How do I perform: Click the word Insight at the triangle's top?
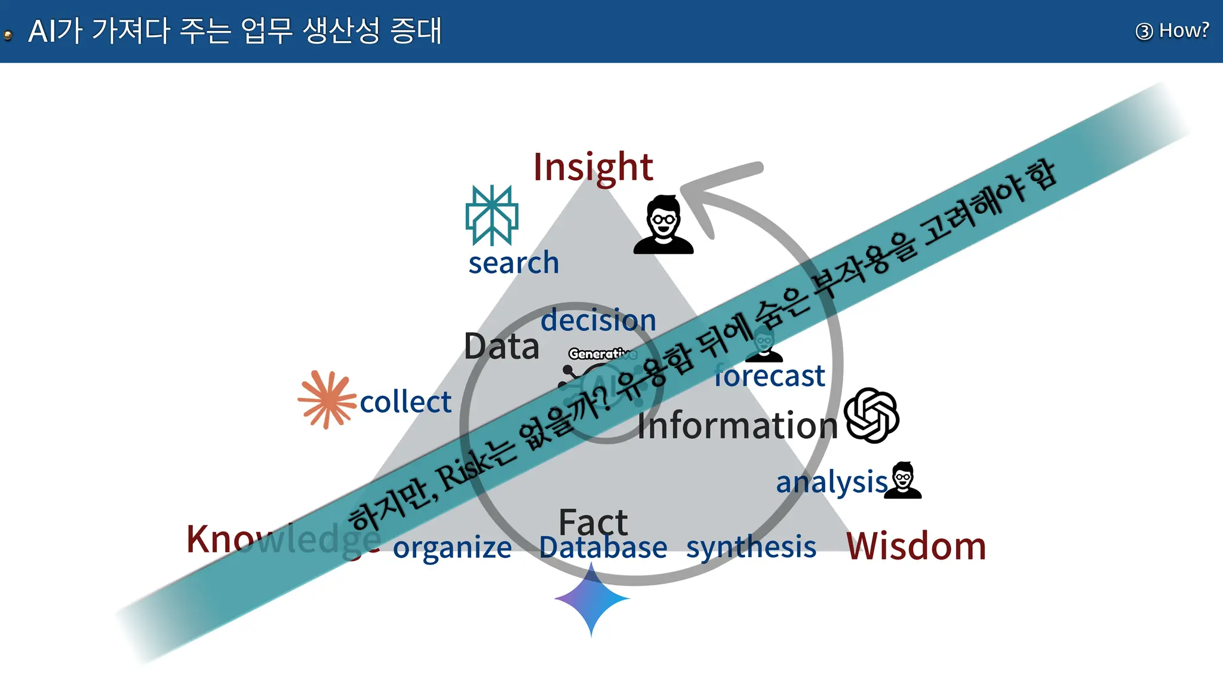pos(593,167)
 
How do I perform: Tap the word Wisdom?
pos(916,546)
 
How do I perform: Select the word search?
pos(514,263)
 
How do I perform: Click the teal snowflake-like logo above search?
pos(491,215)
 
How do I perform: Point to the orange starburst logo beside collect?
pos(327,400)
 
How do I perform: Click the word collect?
pos(405,402)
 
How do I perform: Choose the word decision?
pos(598,321)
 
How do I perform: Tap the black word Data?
pos(502,346)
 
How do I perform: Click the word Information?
pos(738,426)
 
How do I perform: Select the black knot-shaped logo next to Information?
pos(872,416)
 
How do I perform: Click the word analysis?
pos(832,482)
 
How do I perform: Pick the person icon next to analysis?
pos(903,480)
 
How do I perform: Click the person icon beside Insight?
pos(663,225)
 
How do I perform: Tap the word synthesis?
pos(751,547)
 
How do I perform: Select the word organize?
pos(452,548)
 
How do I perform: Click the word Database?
pos(603,548)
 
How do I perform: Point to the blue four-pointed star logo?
pos(592,599)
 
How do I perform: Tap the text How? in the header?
pos(1183,30)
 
